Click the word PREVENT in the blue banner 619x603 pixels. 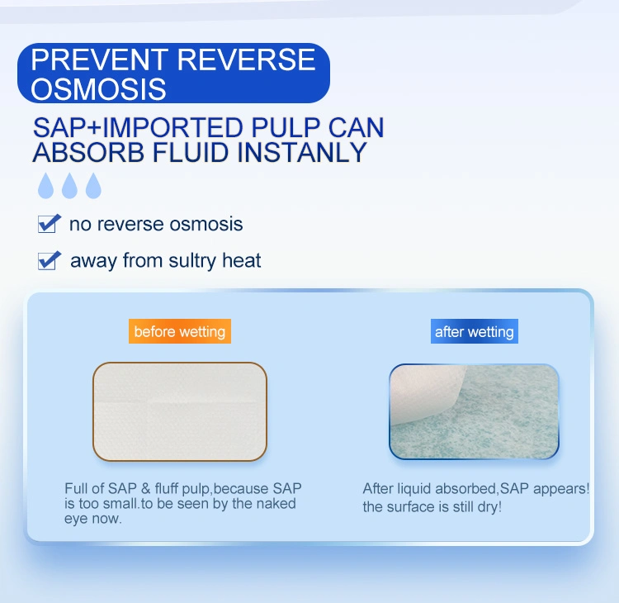[x=100, y=59]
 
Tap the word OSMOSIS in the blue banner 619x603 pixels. [x=98, y=89]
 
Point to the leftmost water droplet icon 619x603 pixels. [x=45, y=185]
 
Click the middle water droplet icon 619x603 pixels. [x=69, y=185]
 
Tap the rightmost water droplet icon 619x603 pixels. [x=93, y=185]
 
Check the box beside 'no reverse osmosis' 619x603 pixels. [x=49, y=224]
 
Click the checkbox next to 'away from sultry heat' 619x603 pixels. [x=49, y=261]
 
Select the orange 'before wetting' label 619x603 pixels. [x=180, y=331]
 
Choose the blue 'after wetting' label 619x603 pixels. [x=474, y=331]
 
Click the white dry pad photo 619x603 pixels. [x=180, y=411]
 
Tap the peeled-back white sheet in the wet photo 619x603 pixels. [x=424, y=393]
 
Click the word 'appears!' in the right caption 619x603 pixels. [x=561, y=489]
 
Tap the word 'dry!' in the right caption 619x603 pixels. [x=489, y=507]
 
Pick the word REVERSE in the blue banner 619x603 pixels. [x=246, y=59]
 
